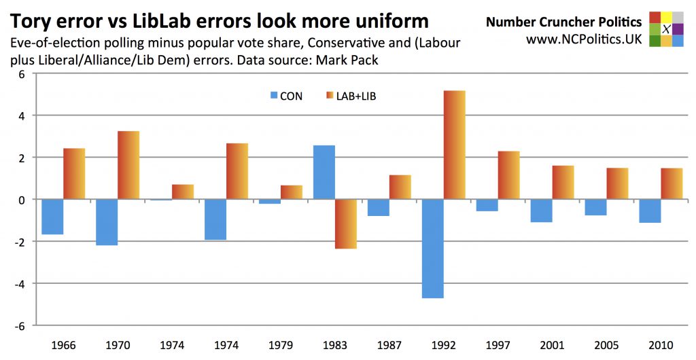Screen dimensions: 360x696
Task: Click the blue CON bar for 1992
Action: (x=433, y=249)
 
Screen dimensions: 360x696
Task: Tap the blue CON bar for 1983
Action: (x=324, y=173)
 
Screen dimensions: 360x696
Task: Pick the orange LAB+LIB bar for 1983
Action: (x=346, y=224)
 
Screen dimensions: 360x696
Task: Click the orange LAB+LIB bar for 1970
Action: (x=128, y=165)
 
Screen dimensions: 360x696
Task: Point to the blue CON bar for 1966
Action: (x=52, y=217)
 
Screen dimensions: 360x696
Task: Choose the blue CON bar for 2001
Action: (x=542, y=211)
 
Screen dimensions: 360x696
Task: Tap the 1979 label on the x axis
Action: (x=281, y=345)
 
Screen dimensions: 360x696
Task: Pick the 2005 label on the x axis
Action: (x=607, y=345)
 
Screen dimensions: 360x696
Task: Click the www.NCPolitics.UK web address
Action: (x=584, y=39)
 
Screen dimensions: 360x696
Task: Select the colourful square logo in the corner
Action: (x=666, y=29)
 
